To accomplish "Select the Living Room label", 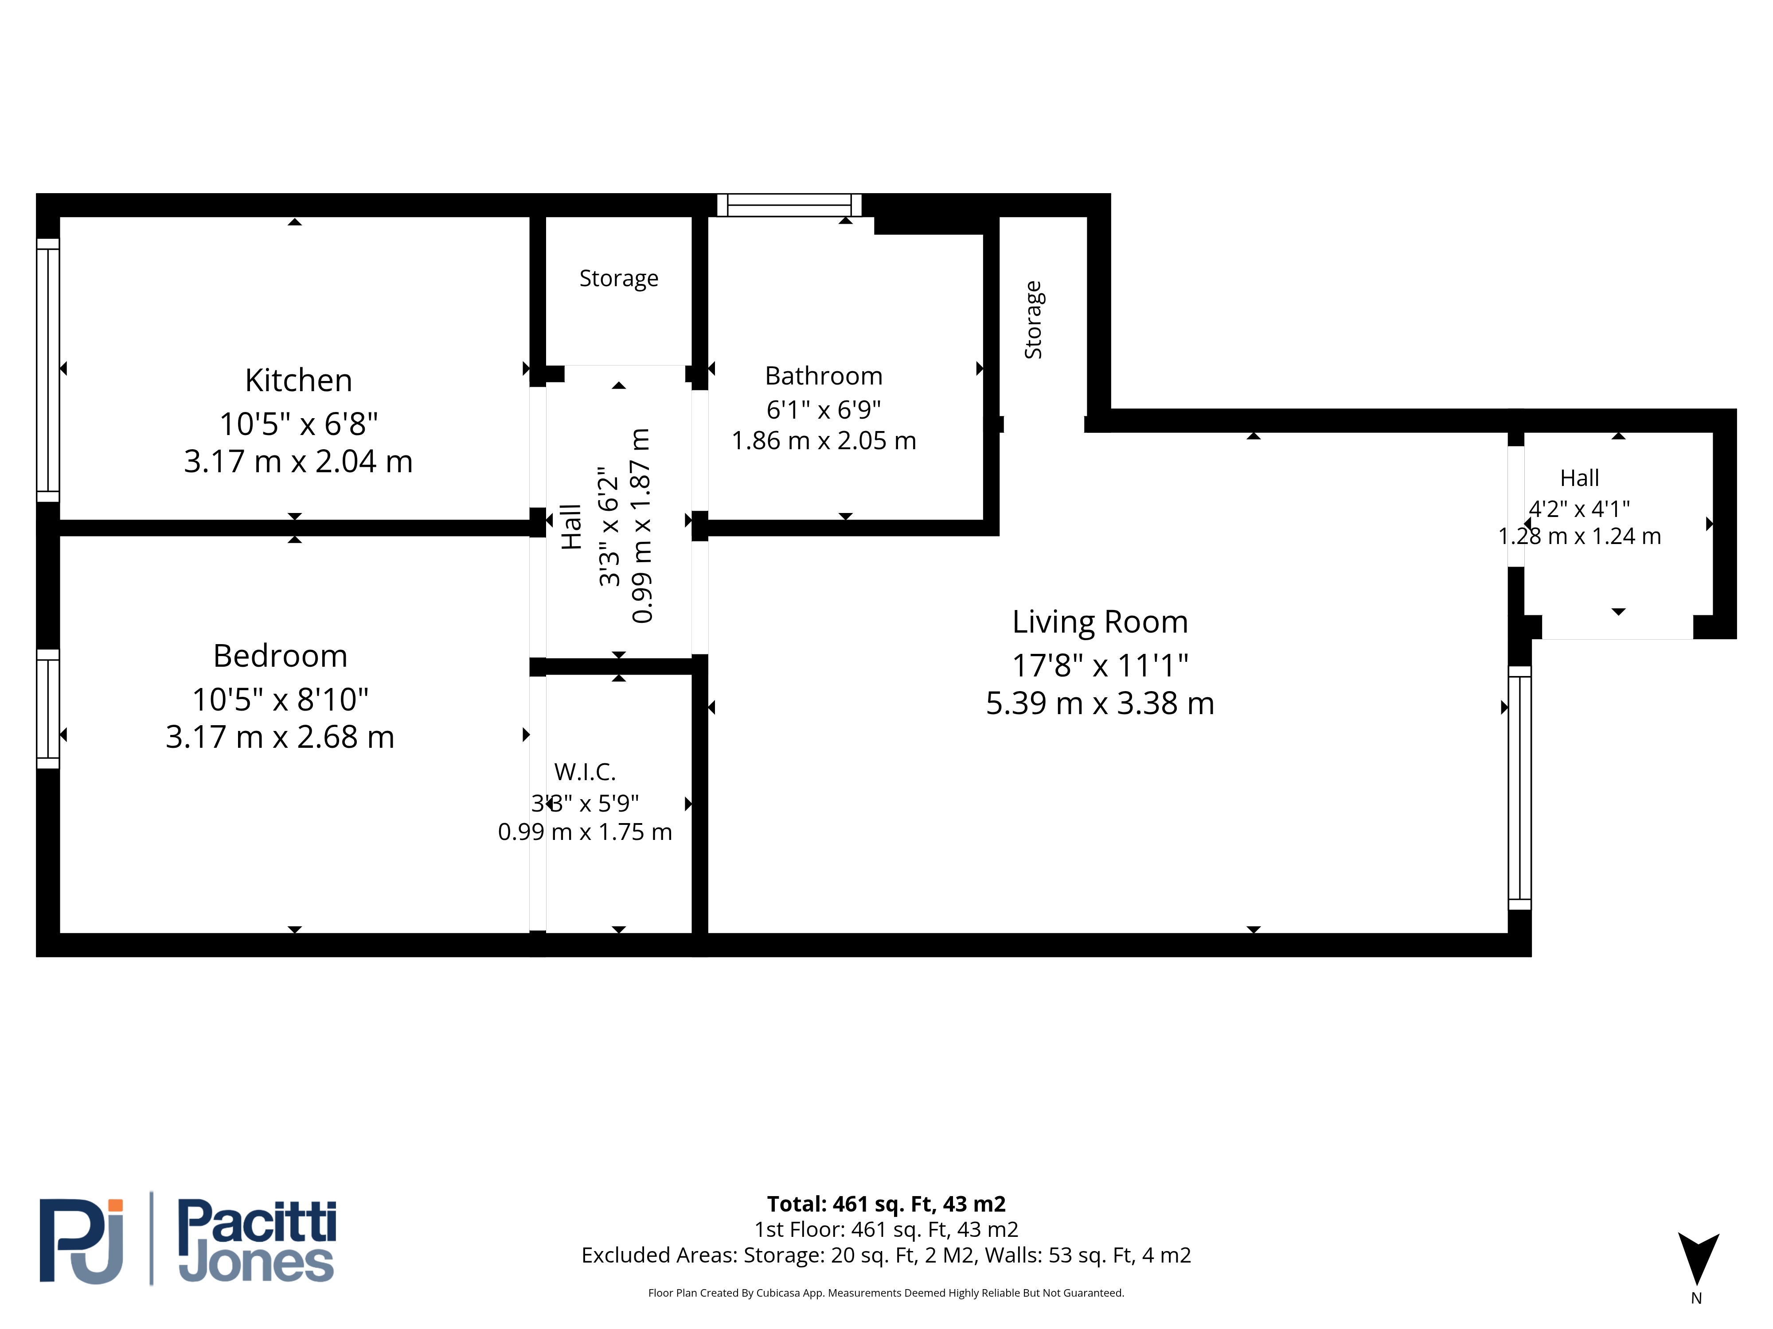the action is coord(1100,622).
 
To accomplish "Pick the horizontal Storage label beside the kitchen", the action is coord(619,278).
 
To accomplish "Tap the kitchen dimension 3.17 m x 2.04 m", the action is coord(298,462).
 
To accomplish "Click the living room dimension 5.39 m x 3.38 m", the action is coord(1100,703).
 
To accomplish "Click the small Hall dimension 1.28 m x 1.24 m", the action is coord(1579,536).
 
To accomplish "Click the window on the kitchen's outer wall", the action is coord(48,370).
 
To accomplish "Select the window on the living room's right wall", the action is coord(1520,788).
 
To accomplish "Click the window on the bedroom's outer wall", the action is coord(48,709).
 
